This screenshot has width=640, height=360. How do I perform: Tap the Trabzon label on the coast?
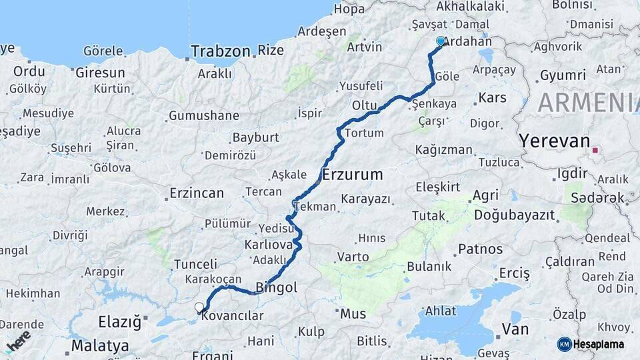pos(220,51)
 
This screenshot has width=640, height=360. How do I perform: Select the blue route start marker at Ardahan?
pos(440,41)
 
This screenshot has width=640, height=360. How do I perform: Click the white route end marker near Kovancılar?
pos(199,307)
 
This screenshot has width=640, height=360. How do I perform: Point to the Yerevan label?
pos(555,141)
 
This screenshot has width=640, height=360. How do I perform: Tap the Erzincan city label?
pos(197,193)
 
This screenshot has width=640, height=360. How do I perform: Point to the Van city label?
pos(515,329)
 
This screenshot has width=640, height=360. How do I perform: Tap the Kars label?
pos(492,98)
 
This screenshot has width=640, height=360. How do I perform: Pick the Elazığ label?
pos(120,323)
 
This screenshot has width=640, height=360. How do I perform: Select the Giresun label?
pos(100,73)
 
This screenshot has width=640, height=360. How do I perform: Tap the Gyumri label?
pos(563,75)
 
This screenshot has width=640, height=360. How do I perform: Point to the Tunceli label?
pos(195,264)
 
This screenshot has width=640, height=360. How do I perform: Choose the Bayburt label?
pos(255,138)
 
